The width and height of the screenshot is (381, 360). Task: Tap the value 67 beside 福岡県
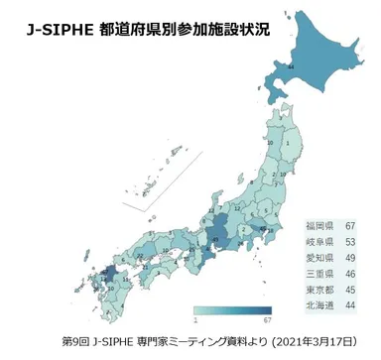[350, 227]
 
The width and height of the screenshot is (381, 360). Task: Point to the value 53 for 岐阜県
[350, 242]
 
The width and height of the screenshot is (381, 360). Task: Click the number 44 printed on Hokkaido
[291, 65]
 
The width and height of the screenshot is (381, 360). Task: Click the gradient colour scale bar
[231, 310]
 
